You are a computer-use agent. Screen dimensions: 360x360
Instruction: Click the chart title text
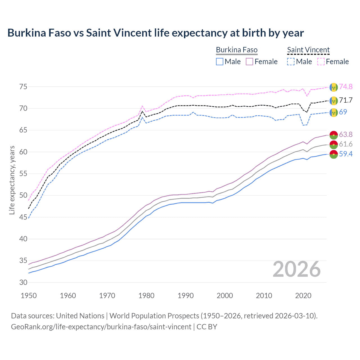pos(156,33)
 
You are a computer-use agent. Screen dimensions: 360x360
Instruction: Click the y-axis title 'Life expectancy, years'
pos(12,180)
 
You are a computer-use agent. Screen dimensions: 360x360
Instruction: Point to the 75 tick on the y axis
pos(23,87)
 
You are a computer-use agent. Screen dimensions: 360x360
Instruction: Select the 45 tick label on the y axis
pos(23,217)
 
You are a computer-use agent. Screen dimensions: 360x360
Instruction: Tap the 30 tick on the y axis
pos(23,282)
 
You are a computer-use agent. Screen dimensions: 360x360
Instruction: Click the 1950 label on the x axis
pos(29,296)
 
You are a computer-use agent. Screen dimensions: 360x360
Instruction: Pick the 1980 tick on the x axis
pos(147,296)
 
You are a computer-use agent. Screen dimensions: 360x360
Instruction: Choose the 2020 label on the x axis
pos(303,296)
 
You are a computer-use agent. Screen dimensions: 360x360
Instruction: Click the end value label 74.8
pos(346,87)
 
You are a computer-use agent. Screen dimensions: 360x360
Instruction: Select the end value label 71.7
pos(346,100)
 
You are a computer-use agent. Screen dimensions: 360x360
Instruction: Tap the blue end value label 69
pos(343,112)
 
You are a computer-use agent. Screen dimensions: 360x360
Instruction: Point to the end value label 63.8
pos(346,134)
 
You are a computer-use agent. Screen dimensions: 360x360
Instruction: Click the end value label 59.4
pos(346,154)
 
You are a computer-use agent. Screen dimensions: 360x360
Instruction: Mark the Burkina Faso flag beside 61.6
pos(334,144)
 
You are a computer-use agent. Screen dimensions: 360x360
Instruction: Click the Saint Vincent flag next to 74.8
pos(334,87)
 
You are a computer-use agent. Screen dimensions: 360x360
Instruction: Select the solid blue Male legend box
pos(220,62)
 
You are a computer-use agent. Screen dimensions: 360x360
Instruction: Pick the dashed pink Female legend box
pos(321,62)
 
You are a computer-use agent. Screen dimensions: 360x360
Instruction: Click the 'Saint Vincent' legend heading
pos(308,50)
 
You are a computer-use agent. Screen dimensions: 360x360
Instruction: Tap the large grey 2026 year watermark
pos(297,269)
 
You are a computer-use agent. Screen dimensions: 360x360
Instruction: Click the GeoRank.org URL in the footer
pos(101,327)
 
